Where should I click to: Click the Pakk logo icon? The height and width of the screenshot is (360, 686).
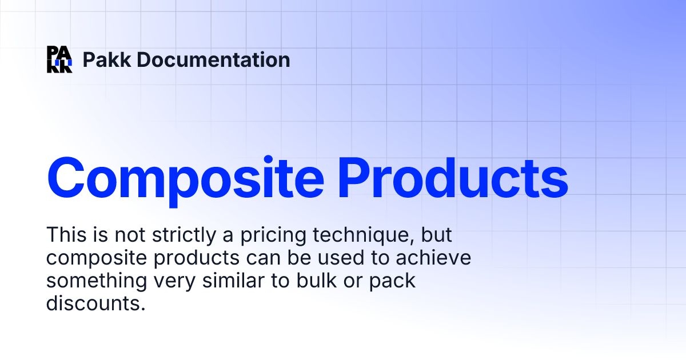(x=59, y=59)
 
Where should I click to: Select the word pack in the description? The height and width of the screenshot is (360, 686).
(x=392, y=282)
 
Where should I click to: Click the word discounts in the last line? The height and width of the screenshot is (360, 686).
(x=93, y=303)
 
